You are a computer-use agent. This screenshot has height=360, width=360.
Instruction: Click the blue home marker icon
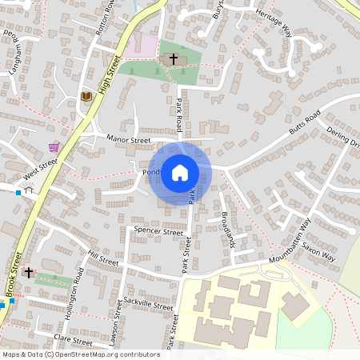tap(179, 173)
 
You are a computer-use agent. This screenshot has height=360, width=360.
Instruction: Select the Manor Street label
tap(128, 139)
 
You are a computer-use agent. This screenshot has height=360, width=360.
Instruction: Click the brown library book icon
tap(86, 97)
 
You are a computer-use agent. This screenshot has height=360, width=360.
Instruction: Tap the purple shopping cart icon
tap(54, 147)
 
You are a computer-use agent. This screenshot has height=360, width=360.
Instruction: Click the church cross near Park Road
tap(173, 60)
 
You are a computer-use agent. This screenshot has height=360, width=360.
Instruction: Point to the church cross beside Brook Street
tap(29, 272)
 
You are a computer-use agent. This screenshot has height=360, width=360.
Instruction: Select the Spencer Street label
tap(159, 230)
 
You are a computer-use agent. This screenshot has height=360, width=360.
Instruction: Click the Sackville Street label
tap(149, 302)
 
